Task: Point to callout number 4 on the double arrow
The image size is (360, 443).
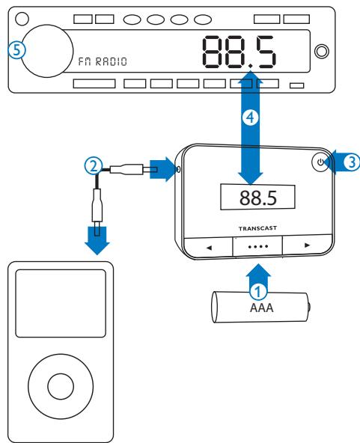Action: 253,118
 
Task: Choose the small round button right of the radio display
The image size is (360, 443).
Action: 322,52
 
